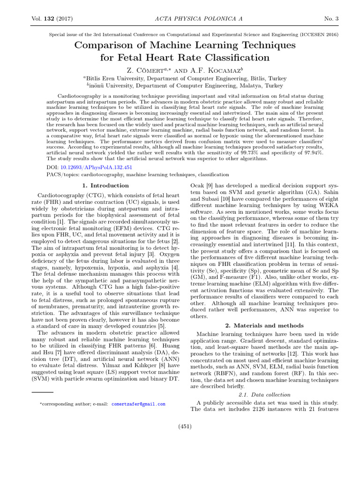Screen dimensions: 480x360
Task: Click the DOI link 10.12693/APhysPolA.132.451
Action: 95,167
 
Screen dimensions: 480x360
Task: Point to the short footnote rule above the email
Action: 43,391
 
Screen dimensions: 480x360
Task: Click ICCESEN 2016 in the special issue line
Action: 316,35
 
